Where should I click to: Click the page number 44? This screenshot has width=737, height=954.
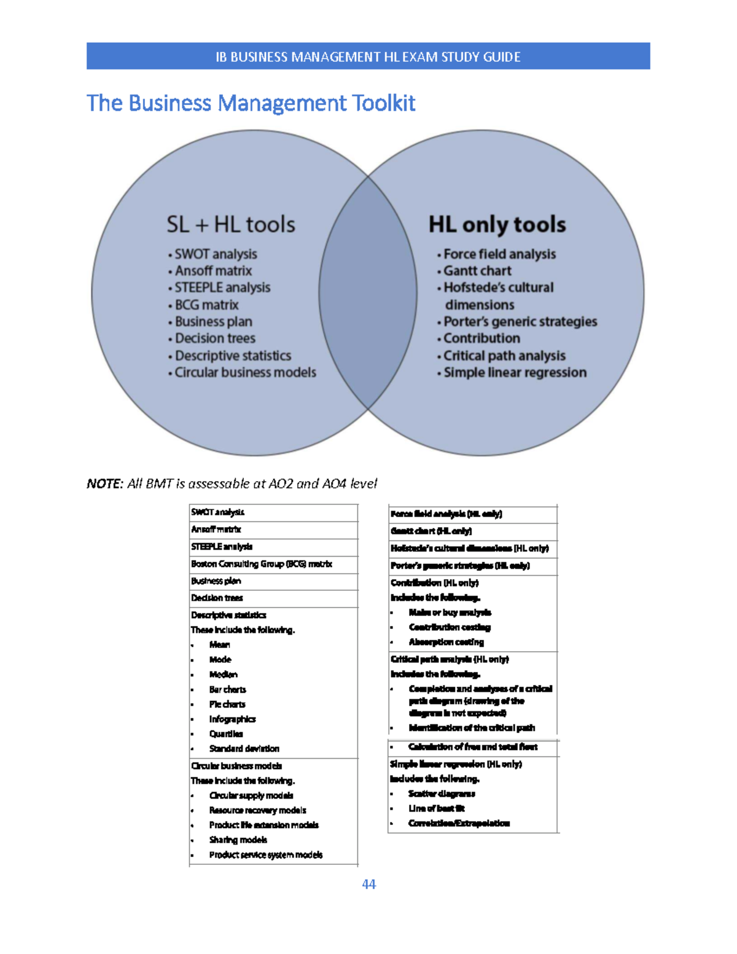368,884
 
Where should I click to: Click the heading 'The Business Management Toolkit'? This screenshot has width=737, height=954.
251,103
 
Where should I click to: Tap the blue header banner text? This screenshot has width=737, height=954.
368,57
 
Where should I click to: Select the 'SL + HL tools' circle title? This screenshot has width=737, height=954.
231,225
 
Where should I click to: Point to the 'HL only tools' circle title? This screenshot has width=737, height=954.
497,225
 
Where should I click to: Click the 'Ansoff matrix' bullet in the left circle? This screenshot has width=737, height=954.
213,271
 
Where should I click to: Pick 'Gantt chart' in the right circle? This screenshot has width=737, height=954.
477,271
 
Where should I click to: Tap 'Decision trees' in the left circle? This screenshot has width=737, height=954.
215,338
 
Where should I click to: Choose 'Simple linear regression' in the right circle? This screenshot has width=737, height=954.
515,372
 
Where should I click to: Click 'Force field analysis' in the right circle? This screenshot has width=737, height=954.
499,254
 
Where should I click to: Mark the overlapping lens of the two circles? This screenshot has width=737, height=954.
368,292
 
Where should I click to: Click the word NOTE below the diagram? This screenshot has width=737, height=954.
105,484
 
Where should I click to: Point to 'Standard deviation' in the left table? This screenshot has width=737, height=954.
244,749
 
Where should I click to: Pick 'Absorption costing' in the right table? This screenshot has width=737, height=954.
446,642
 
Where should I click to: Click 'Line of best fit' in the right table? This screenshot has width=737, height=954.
436,808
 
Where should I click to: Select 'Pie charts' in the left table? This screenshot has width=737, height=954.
227,705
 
